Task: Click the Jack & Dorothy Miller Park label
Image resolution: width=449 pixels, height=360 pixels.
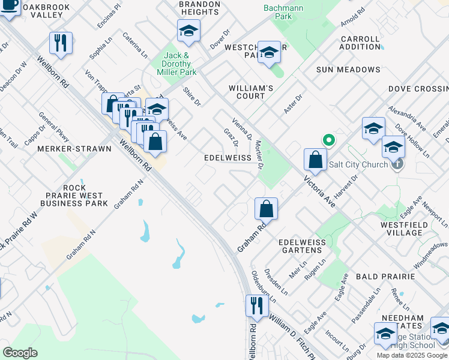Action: [x=180, y=64]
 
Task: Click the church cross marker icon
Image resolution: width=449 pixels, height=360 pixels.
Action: [x=396, y=164]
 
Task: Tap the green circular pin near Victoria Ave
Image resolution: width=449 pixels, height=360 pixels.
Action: [x=329, y=141]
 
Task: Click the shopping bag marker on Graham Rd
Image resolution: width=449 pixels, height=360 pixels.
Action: [x=266, y=209]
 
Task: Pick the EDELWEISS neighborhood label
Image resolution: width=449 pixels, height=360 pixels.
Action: [x=228, y=157]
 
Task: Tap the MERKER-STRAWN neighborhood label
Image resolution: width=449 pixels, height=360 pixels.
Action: [x=65, y=148]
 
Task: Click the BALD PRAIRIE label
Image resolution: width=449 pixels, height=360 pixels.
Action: [x=385, y=277]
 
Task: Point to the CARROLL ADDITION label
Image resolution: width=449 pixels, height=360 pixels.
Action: [x=360, y=43]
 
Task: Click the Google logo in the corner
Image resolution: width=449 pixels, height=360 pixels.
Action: [x=20, y=353]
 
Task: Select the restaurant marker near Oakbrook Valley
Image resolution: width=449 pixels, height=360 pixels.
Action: [x=61, y=43]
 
